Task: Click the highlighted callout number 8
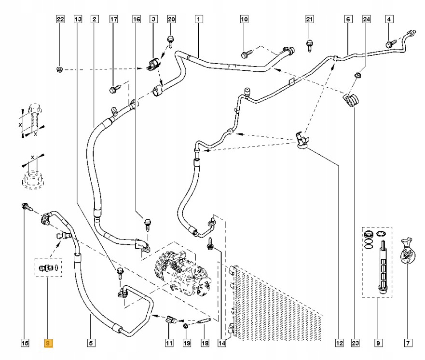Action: pyautogui.click(x=48, y=343)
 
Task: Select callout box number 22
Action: pyautogui.click(x=60, y=19)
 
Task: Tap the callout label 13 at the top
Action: pyautogui.click(x=78, y=19)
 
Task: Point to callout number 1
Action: pyautogui.click(x=199, y=19)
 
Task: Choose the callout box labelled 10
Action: pyautogui.click(x=244, y=19)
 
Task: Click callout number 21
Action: pyautogui.click(x=310, y=19)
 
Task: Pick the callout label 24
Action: pyautogui.click(x=367, y=19)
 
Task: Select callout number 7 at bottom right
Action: pyautogui.click(x=408, y=343)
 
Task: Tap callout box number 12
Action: pyautogui.click(x=339, y=343)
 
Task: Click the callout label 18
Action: pyautogui.click(x=205, y=343)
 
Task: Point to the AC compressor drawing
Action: pyautogui.click(x=183, y=273)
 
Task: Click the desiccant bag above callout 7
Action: pyautogui.click(x=408, y=251)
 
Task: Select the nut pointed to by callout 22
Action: pyautogui.click(x=59, y=69)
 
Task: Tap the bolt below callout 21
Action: pyautogui.click(x=310, y=45)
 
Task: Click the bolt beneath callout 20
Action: pyautogui.click(x=171, y=41)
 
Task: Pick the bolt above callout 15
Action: pyautogui.click(x=27, y=207)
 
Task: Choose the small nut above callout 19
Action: pyautogui.click(x=186, y=325)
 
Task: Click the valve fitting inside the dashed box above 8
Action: pyautogui.click(x=45, y=268)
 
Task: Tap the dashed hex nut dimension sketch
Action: pyautogui.click(x=33, y=179)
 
